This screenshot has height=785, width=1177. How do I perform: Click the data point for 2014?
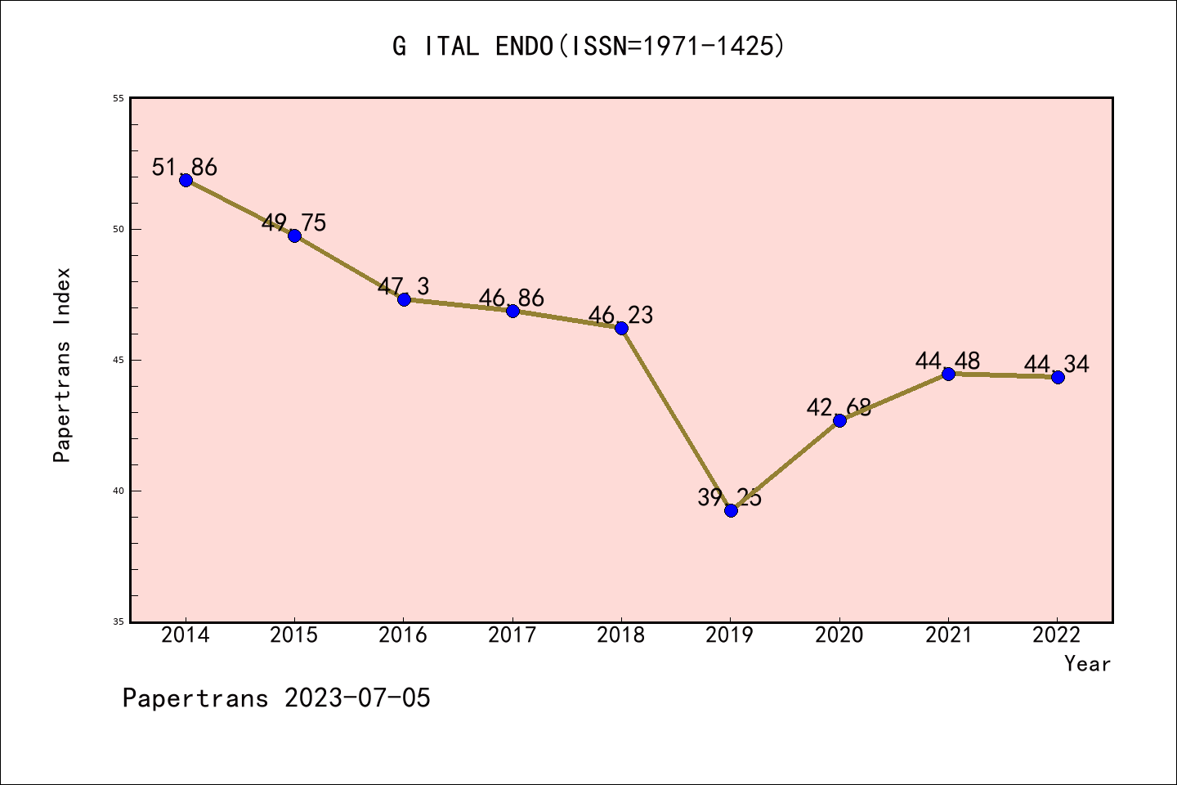(186, 180)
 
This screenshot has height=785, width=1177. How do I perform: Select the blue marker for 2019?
(731, 510)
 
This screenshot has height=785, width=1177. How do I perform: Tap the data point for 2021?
(948, 374)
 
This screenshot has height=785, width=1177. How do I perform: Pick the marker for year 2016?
(404, 299)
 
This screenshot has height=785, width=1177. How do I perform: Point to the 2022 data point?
(1058, 377)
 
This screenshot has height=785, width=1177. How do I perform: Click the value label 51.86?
(185, 168)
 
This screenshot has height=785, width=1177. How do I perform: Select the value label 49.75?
(293, 222)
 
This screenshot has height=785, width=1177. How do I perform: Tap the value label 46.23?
(620, 315)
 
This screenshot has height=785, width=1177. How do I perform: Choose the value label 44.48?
(947, 361)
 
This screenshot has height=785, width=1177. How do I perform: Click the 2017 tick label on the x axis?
(512, 635)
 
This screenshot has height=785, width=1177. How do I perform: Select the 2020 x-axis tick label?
(839, 635)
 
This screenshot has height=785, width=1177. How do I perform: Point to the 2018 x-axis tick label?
(621, 635)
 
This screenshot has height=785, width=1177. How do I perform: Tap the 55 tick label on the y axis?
(118, 98)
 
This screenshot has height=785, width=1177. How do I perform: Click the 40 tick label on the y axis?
(118, 491)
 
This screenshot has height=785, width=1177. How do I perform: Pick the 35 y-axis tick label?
(118, 621)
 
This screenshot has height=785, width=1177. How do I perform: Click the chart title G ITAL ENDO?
(588, 47)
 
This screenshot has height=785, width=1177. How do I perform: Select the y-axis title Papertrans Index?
(63, 365)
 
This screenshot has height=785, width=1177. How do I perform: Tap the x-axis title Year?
(1087, 664)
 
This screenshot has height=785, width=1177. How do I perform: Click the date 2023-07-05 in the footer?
(357, 698)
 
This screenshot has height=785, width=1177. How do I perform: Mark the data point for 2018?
(621, 328)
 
